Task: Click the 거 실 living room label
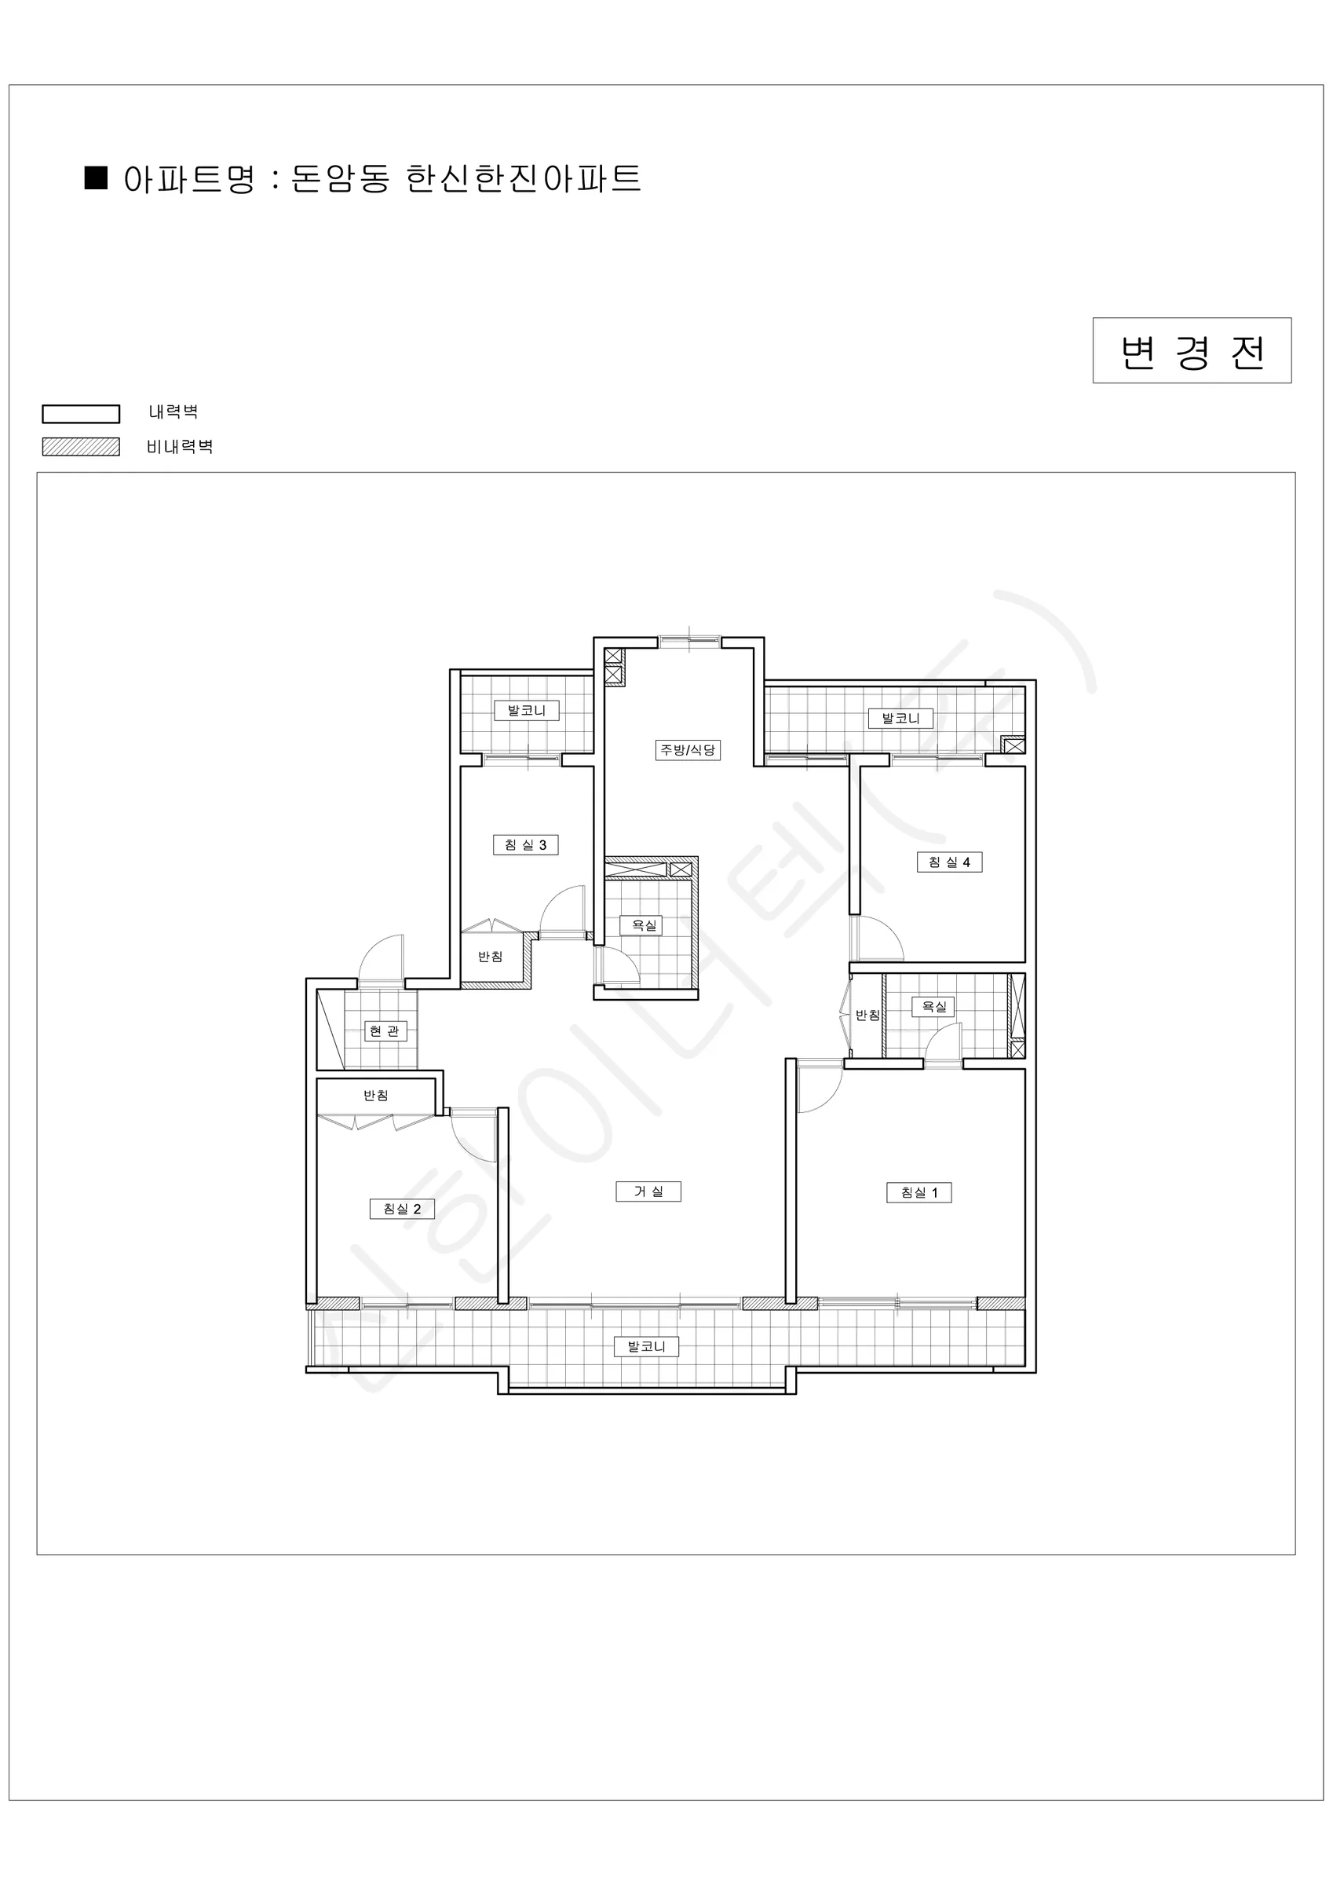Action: [x=648, y=1191]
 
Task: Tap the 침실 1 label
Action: [x=919, y=1193]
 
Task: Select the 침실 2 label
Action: [x=402, y=1210]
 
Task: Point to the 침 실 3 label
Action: [x=525, y=845]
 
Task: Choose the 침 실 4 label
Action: [x=950, y=862]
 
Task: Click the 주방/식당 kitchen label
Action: [x=688, y=749]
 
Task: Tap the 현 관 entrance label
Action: [x=385, y=1031]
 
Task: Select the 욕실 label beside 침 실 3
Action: [x=645, y=925]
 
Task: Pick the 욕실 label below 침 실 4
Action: [x=933, y=1007]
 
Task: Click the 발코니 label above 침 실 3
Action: [x=527, y=711]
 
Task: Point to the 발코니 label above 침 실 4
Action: [x=901, y=719]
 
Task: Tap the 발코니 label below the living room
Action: [x=647, y=1346]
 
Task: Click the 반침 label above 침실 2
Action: [x=376, y=1095]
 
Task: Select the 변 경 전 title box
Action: [x=1192, y=350]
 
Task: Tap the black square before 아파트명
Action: [x=97, y=178]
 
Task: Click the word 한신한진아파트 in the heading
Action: [x=523, y=178]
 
